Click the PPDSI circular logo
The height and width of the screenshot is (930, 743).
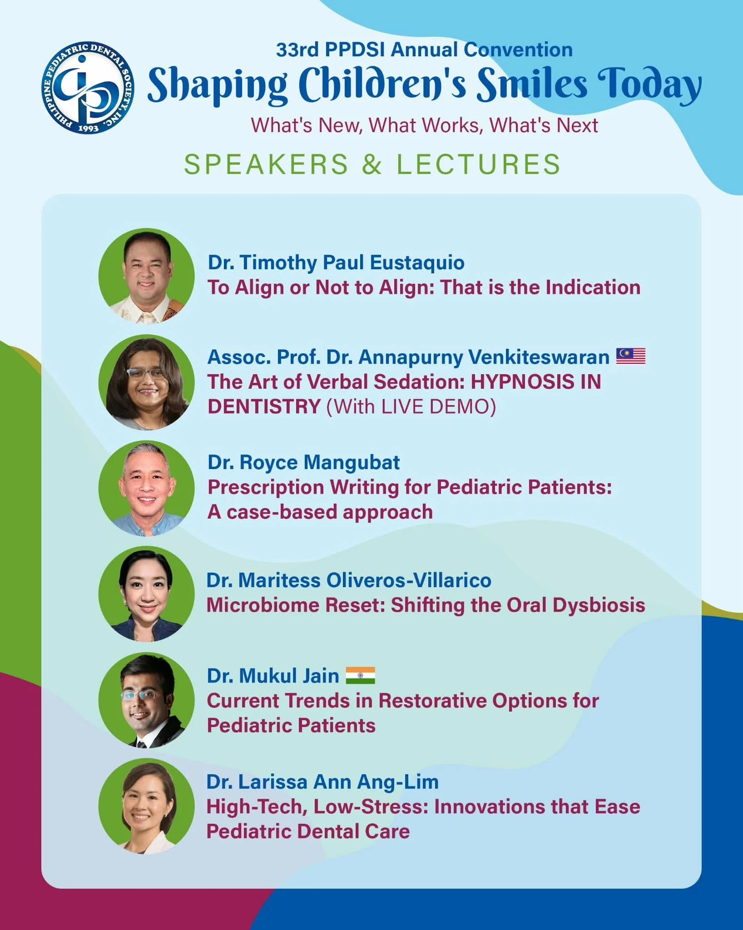pos(88,87)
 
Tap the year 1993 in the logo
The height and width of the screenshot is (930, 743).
pos(88,128)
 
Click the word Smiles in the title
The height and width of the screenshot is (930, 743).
pos(532,84)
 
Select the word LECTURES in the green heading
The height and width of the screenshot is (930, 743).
pos(479,164)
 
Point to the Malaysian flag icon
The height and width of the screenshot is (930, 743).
pos(631,356)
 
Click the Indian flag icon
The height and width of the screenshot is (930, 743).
pos(361,675)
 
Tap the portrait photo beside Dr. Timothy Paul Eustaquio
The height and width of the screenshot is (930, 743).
pos(147,276)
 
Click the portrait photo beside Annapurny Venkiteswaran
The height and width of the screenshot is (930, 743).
pos(147,382)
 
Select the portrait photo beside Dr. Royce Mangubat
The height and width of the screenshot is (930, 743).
pos(147,488)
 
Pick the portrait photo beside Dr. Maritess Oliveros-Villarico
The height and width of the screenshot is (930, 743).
pos(147,594)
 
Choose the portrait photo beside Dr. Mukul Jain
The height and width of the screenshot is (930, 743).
pos(147,700)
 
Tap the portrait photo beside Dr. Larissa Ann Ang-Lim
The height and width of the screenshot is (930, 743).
pos(147,806)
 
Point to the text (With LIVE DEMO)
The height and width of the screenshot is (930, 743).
pos(411,406)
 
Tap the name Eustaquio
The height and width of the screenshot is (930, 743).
pos(417,263)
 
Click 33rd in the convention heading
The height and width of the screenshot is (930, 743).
pos(297,49)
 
